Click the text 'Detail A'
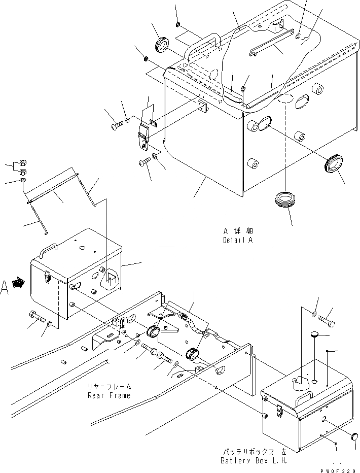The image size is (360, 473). coord(237,240)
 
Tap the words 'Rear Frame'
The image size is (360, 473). coord(109,395)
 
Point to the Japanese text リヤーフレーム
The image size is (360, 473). coord(109,386)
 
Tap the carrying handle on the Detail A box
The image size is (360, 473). coord(202,46)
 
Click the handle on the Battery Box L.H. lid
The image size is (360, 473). coord(305,399)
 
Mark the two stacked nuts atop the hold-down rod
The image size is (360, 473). coord(22,167)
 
